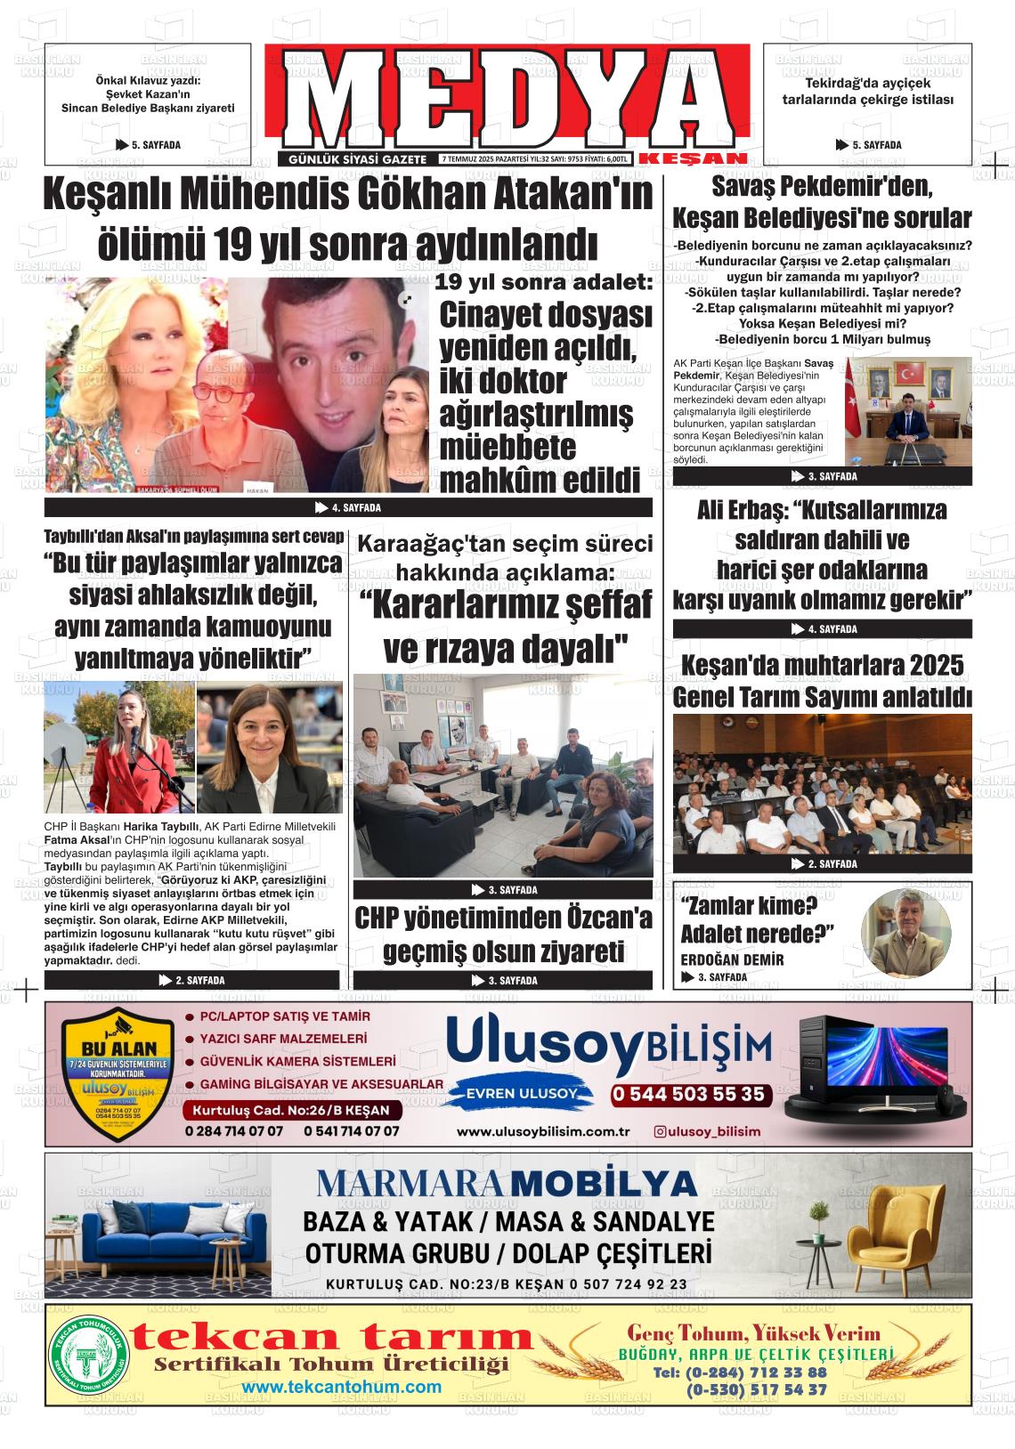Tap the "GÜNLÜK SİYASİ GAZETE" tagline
359,158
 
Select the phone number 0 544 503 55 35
689,1094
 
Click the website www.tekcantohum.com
342,1387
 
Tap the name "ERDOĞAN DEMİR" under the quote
732,959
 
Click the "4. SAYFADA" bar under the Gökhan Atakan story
348,508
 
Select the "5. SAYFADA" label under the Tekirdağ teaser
869,145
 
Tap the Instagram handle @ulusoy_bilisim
708,1131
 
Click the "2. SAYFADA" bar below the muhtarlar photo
823,863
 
